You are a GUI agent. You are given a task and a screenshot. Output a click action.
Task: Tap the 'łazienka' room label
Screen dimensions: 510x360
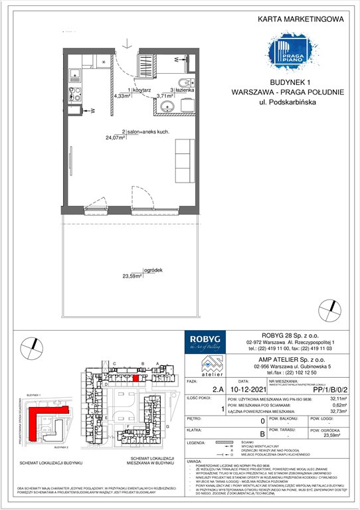(x=183, y=89)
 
